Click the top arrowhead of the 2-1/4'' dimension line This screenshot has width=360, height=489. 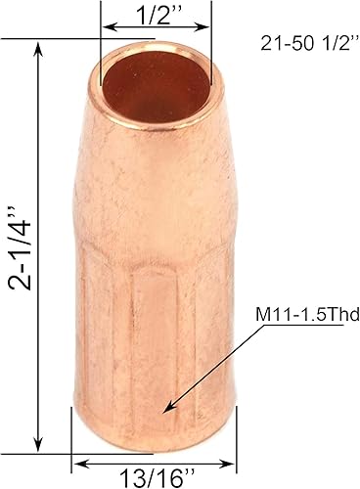pyautogui.click(x=40, y=45)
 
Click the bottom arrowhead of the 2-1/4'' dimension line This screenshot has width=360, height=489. pyautogui.click(x=40, y=440)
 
